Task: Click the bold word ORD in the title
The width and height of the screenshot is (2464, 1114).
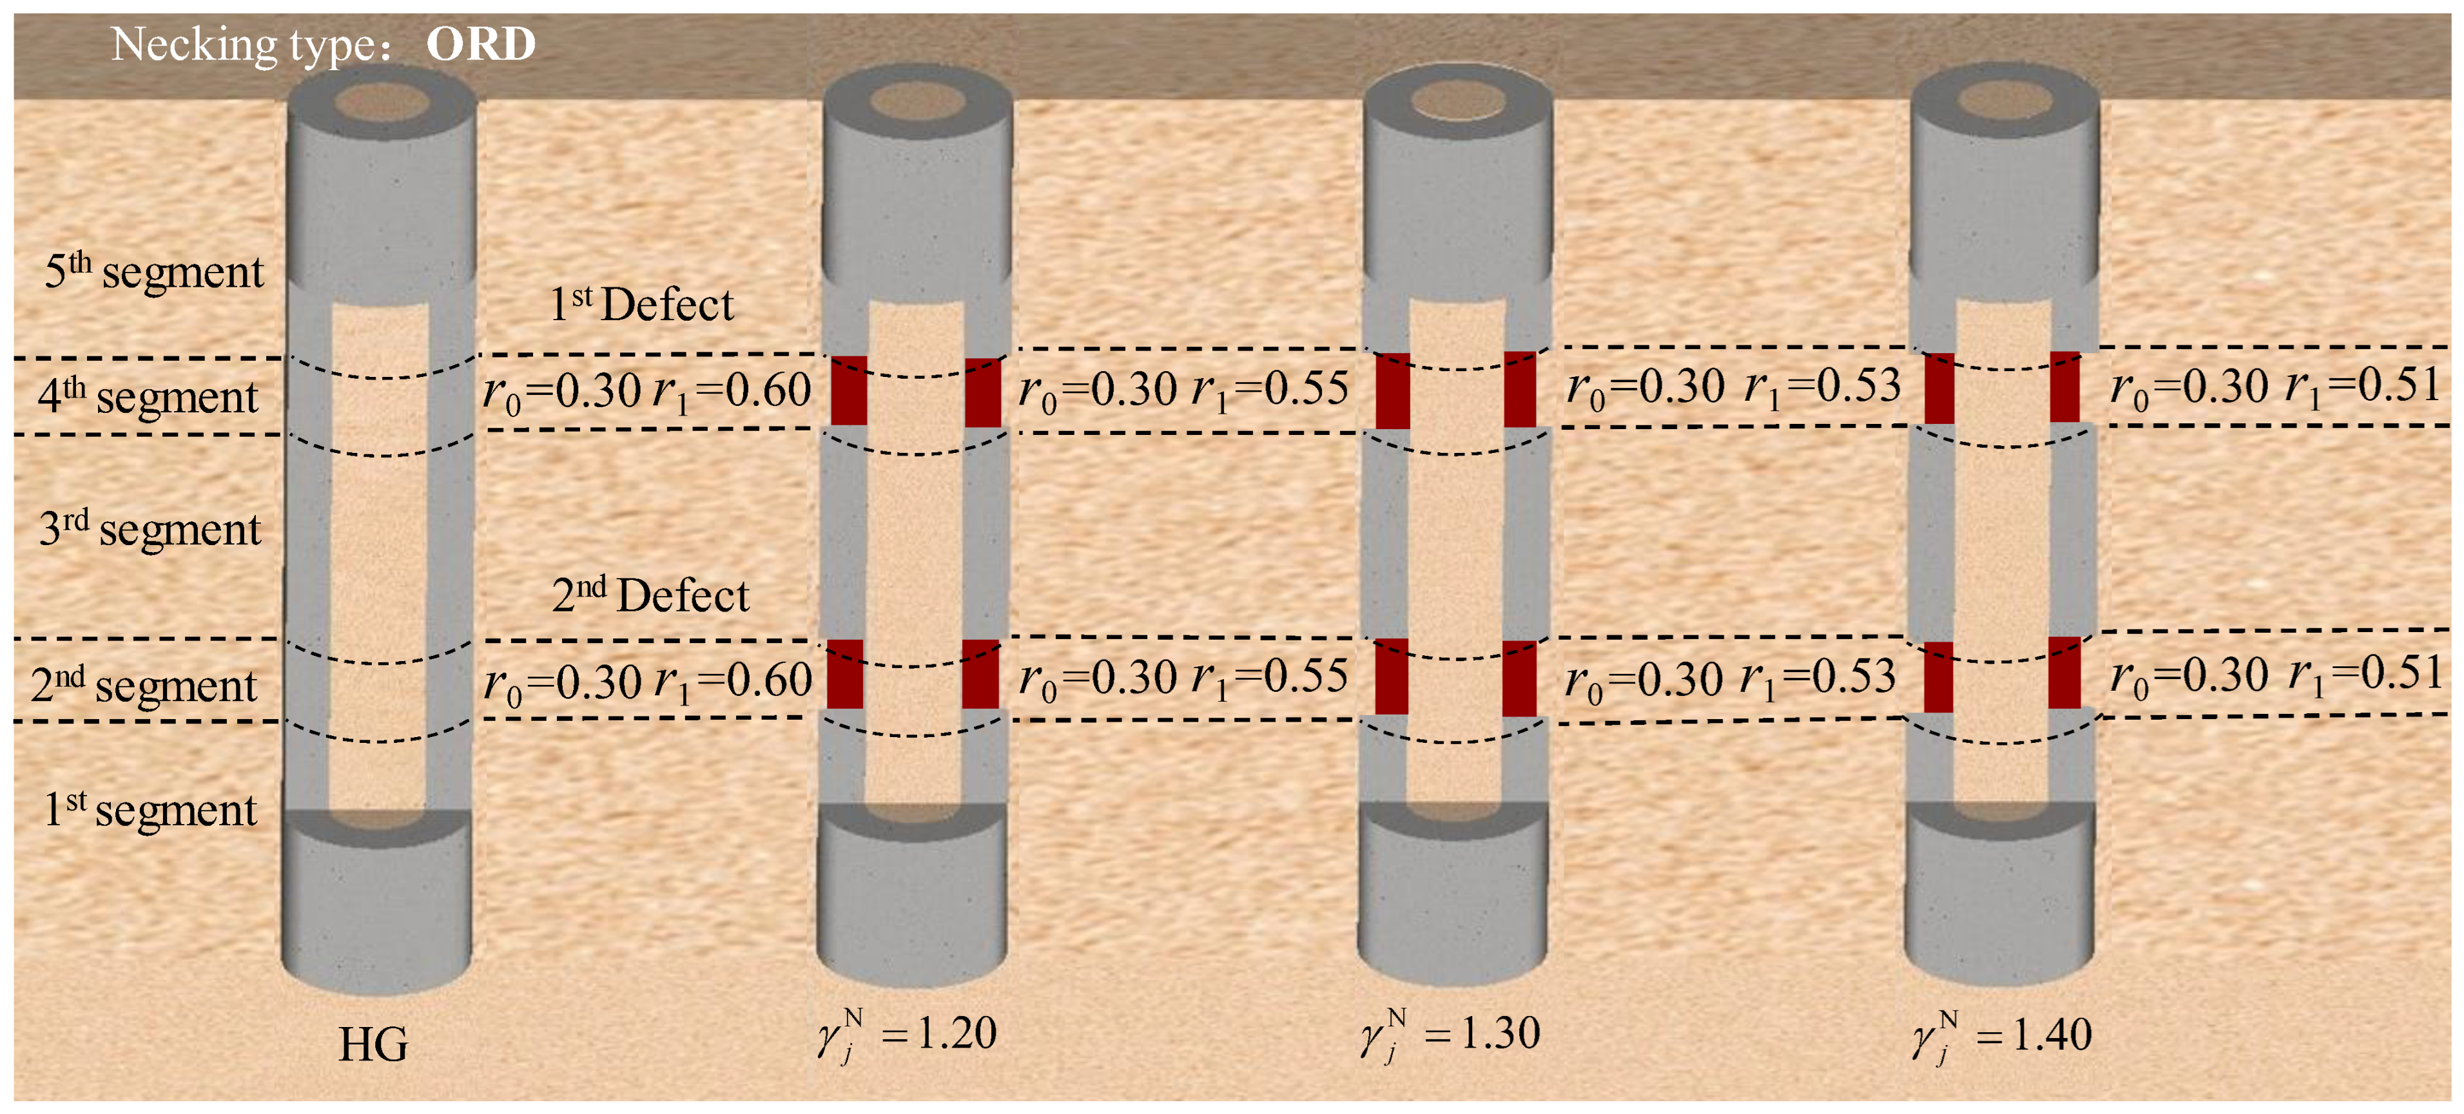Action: (x=480, y=44)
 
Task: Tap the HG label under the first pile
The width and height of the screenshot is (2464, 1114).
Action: (x=373, y=1044)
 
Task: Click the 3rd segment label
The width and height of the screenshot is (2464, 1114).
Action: (x=150, y=529)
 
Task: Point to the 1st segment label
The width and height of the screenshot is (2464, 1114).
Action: (x=150, y=810)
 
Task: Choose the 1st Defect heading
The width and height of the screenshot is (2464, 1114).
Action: (x=641, y=305)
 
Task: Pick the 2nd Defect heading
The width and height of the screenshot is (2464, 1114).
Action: (x=650, y=595)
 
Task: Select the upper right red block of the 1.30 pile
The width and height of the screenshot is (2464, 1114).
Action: (x=1520, y=389)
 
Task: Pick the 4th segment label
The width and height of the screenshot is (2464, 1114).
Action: (x=148, y=396)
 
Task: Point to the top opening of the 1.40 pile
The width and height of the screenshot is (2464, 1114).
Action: (x=2004, y=99)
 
